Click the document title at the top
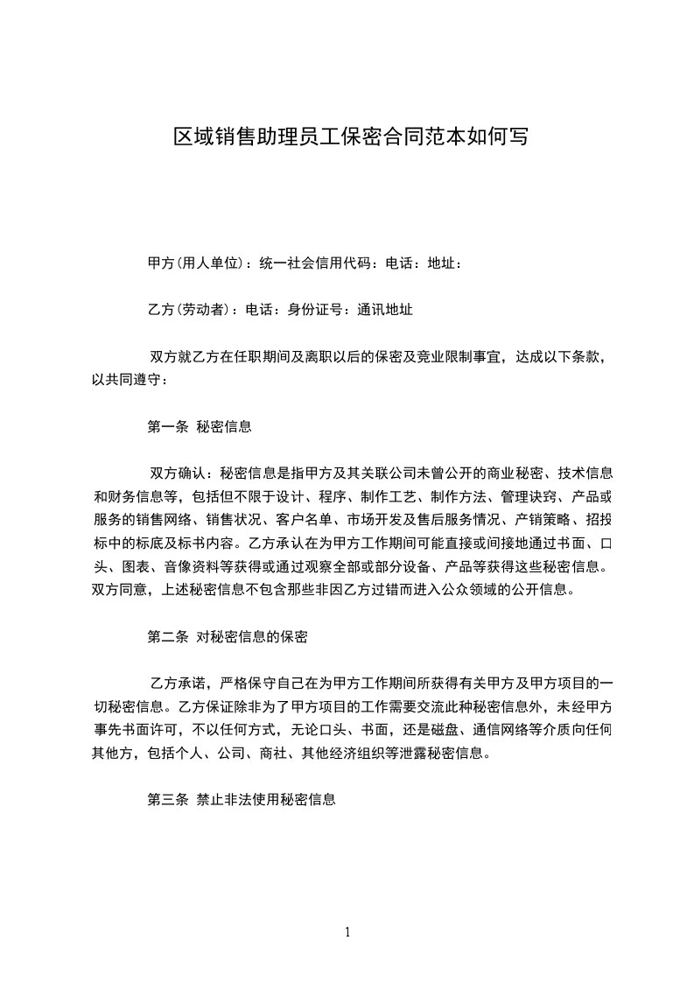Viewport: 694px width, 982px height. (x=349, y=137)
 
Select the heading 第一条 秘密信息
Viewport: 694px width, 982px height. (x=200, y=427)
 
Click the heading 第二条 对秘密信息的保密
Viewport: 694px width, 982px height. (x=228, y=636)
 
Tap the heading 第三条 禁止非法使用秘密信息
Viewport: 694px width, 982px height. (x=242, y=799)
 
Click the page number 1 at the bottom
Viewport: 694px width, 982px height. (x=347, y=932)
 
